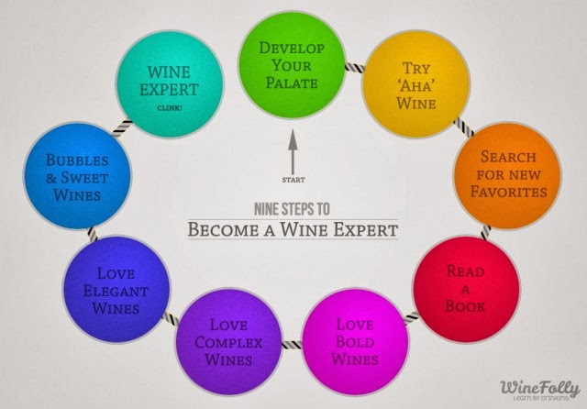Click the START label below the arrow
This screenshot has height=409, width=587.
[x=291, y=178]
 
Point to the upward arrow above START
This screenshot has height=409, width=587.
[x=291, y=150]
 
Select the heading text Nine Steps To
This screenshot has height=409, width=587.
[x=293, y=207]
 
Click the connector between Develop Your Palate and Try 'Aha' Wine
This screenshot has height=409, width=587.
[x=352, y=69]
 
